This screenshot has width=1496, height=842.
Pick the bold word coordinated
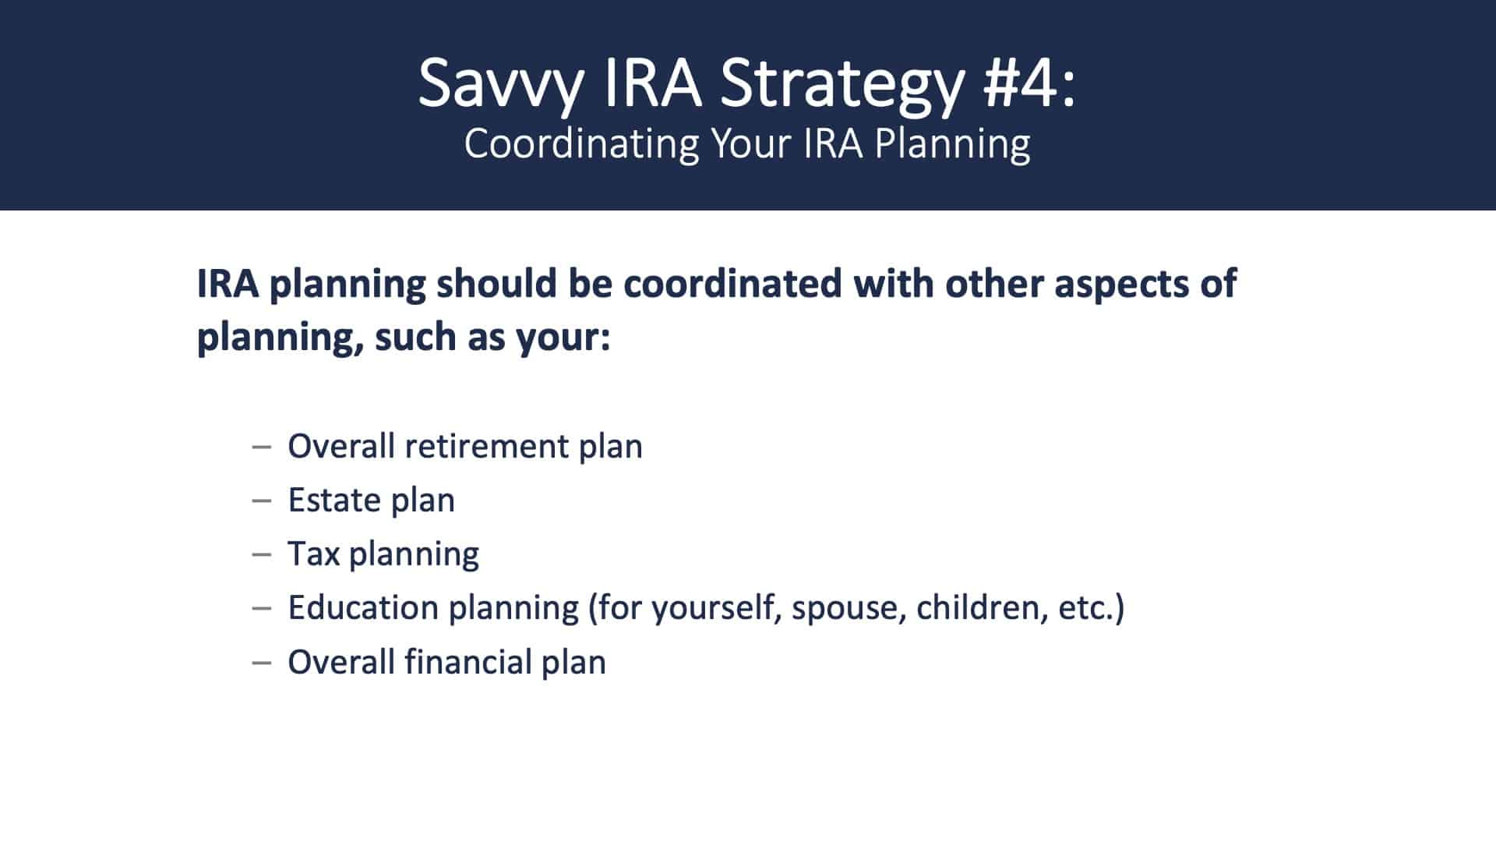[732, 283]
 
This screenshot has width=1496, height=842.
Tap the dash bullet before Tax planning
[262, 555]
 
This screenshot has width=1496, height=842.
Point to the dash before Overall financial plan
[262, 663]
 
